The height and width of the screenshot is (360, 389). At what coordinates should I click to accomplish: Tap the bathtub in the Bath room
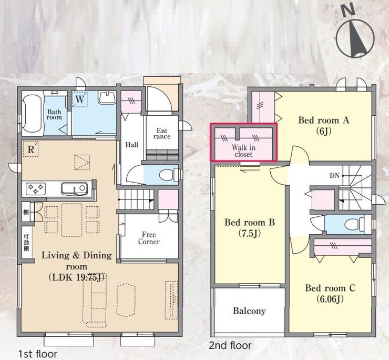coord(32,114)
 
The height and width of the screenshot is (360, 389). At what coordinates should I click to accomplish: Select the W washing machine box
coord(79,99)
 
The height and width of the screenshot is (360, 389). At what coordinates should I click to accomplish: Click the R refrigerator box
coord(30,149)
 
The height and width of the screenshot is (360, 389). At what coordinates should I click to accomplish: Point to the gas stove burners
coord(36,189)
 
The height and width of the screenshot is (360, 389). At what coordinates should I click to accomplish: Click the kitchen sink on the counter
coord(75,189)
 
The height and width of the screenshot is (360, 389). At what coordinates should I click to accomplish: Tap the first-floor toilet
coord(168,175)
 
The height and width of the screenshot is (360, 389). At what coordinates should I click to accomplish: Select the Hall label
coord(132,145)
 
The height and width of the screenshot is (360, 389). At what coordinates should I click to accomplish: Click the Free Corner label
coord(149,238)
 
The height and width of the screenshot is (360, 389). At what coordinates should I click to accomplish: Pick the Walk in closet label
coord(243,151)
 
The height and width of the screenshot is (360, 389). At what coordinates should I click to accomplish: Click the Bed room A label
coord(323,120)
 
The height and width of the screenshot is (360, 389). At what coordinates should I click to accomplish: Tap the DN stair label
coord(334,176)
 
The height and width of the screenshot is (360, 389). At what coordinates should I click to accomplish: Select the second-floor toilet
coord(355,224)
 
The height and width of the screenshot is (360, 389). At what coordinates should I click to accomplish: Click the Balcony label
coord(249,311)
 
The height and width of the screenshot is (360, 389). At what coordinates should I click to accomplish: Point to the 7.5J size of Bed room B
coord(250,233)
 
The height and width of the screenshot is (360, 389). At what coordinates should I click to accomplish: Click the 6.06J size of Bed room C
coord(330,299)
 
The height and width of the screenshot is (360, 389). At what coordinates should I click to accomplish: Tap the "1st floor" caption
coord(38,354)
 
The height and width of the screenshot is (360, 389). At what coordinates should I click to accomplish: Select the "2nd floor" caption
coord(230,345)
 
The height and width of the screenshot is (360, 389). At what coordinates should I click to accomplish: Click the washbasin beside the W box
coord(107,98)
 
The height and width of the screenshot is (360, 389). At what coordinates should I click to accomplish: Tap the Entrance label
coord(162,133)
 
